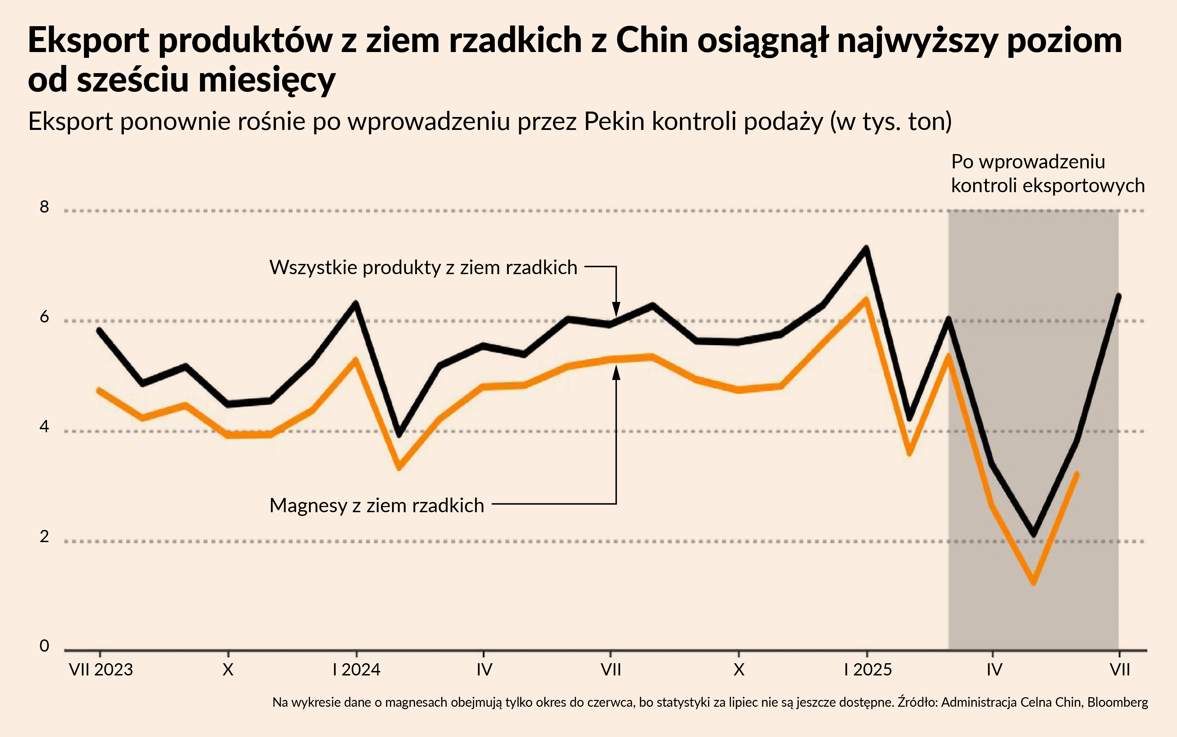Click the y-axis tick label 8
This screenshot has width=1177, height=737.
click(44, 207)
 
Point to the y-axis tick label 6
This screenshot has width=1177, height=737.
click(44, 317)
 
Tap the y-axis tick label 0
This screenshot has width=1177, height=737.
click(44, 646)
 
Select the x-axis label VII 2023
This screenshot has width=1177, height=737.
click(101, 670)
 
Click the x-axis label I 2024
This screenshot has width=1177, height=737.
click(356, 670)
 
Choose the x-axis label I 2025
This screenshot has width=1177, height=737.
click(868, 670)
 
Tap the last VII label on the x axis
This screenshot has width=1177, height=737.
click(1119, 670)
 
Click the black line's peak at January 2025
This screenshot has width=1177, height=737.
click(866, 249)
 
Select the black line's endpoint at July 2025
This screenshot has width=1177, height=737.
click(1119, 296)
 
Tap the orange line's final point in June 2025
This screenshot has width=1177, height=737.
click(1076, 474)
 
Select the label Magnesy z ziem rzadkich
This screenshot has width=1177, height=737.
click(376, 505)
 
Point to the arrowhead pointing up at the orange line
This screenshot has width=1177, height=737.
click(616, 372)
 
